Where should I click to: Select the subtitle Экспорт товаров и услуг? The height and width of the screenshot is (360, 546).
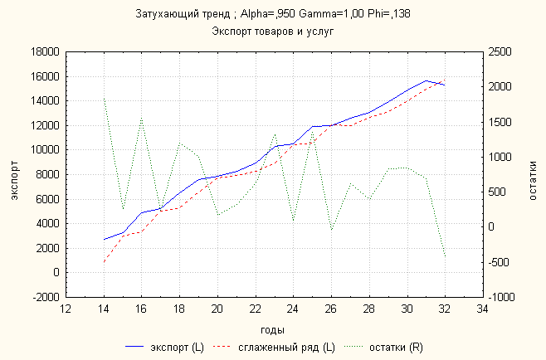click(x=272, y=32)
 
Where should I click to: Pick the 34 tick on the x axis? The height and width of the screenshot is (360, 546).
click(x=482, y=309)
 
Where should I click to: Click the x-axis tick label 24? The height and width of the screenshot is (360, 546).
click(x=293, y=309)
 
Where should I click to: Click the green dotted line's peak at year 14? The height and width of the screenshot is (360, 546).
click(x=104, y=98)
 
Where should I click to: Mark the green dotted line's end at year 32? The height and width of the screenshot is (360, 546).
click(x=445, y=256)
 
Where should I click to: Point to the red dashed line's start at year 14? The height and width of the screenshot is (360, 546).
click(x=104, y=262)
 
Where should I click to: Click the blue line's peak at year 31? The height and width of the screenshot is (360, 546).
click(x=426, y=80)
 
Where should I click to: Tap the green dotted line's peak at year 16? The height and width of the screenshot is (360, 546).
click(x=141, y=118)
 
